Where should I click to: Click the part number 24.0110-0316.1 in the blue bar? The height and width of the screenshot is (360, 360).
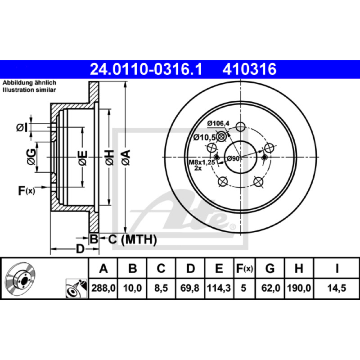[146, 69]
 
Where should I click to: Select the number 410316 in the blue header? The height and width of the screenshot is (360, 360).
[249, 69]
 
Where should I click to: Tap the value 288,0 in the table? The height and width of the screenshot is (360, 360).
[103, 288]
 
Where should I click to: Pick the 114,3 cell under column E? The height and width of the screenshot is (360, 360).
[219, 288]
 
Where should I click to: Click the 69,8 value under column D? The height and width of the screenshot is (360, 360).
[190, 288]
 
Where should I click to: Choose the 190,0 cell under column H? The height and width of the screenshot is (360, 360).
[299, 288]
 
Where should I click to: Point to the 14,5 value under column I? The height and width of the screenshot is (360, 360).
[337, 288]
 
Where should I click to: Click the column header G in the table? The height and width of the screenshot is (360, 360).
[270, 268]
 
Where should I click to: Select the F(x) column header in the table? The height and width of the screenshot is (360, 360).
[244, 268]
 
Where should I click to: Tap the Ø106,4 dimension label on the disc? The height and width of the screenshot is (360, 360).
[218, 123]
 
